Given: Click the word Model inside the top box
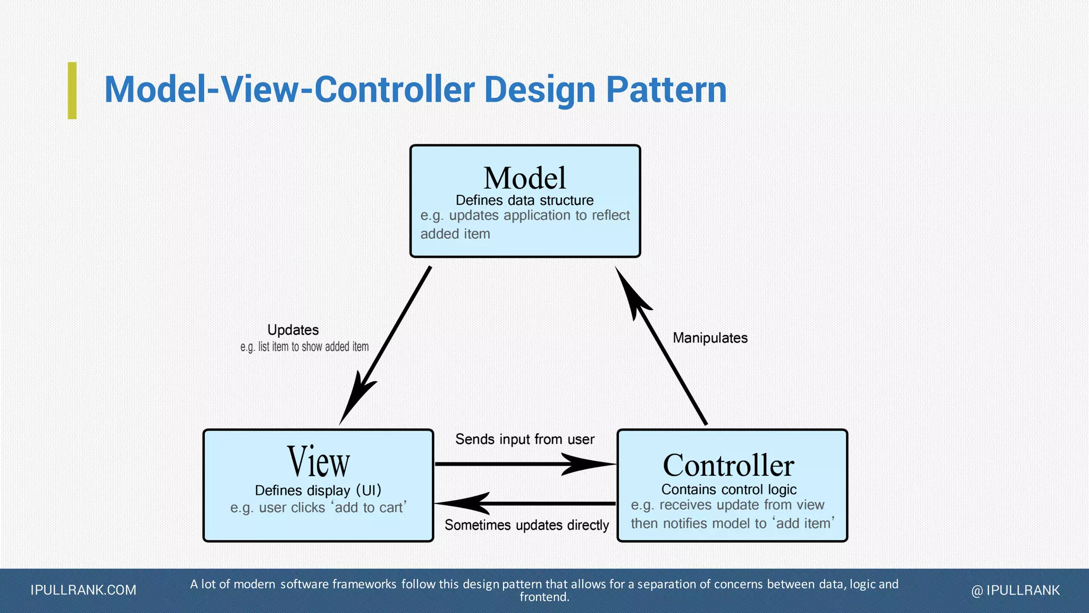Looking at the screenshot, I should tap(524, 178).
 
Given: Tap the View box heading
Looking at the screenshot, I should tap(318, 462).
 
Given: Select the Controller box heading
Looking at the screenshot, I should tap(728, 466).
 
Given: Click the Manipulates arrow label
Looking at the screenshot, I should tap(710, 338).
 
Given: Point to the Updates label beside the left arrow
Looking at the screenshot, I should tap(293, 330).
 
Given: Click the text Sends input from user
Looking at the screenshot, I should tap(525, 440).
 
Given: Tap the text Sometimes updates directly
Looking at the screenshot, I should tap(526, 525).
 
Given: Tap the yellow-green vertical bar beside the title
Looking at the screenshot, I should tap(72, 90).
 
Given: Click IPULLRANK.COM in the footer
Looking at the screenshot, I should tap(83, 590).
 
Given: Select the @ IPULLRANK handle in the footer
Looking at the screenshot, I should tap(1015, 590).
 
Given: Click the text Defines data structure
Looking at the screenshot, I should tap(524, 201).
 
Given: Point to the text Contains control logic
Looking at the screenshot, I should tap(728, 490).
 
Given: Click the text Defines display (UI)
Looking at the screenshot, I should tap(318, 490).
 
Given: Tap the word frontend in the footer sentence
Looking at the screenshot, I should tap(543, 597).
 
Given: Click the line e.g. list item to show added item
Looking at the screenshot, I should tap(304, 347).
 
